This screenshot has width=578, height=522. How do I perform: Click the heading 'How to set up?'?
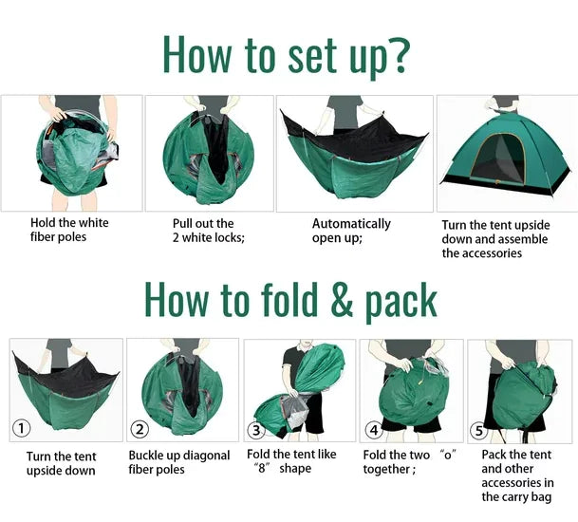click(287, 54)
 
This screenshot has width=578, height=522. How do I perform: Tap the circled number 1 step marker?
click(21, 428)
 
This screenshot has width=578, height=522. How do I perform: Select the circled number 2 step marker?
click(140, 428)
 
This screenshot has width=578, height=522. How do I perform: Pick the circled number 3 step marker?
click(255, 430)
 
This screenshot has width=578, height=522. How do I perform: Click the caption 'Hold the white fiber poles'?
click(69, 230)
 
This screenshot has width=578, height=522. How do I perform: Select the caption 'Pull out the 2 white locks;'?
click(208, 231)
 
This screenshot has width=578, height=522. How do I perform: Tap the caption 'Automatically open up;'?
click(351, 231)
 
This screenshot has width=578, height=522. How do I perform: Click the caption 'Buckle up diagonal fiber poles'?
click(179, 462)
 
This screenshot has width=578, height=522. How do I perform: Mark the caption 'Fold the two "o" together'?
click(409, 462)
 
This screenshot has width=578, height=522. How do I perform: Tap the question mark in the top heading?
click(399, 54)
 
